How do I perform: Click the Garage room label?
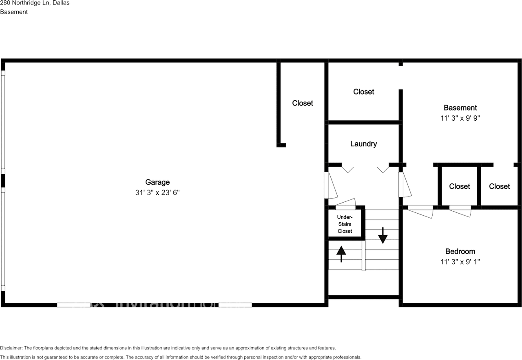157,182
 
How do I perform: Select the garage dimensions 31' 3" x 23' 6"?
157,192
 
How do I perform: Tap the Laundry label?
363,144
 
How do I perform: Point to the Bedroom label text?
460,252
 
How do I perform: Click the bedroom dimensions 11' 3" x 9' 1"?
460,262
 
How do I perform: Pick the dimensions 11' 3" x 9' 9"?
460,118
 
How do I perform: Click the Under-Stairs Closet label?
345,224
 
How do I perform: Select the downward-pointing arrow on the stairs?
383,235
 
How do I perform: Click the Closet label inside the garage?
303,103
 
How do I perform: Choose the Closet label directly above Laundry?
363,92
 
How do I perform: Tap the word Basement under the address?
14,12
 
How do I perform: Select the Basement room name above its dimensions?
460,108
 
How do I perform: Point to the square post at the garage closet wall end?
281,145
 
